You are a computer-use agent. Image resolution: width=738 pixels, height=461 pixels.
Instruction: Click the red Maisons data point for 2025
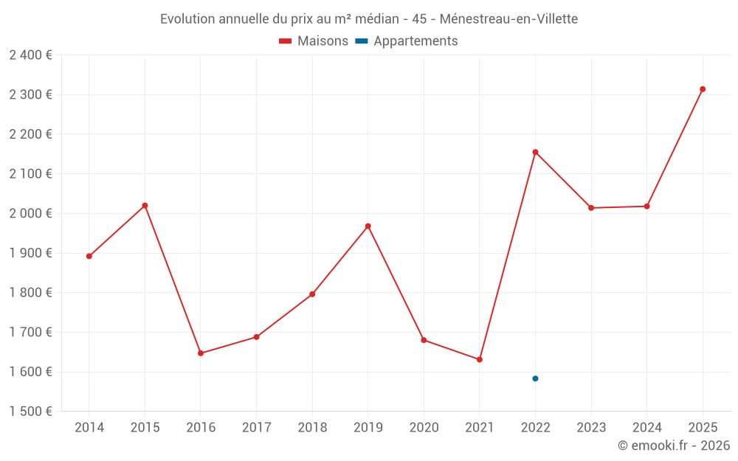pyautogui.click(x=703, y=89)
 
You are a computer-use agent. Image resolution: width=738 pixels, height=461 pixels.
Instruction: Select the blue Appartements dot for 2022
pyautogui.click(x=535, y=378)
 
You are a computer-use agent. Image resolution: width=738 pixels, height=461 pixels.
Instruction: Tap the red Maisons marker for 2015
pyautogui.click(x=145, y=206)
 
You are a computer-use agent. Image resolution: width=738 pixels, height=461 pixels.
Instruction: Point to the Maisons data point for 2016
pyautogui.click(x=201, y=353)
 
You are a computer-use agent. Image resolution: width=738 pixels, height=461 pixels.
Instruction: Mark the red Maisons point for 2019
pyautogui.click(x=368, y=226)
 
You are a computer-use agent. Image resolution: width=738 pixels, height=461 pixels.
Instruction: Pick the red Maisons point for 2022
pyautogui.click(x=535, y=152)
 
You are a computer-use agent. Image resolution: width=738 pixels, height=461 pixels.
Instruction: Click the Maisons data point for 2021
pyautogui.click(x=480, y=359)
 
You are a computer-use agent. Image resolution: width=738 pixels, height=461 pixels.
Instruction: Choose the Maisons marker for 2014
pyautogui.click(x=89, y=257)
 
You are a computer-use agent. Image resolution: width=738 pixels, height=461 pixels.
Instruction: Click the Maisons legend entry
pyautogui.click(x=314, y=41)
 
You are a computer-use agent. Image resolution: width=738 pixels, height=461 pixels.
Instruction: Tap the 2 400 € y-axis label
pyautogui.click(x=31, y=55)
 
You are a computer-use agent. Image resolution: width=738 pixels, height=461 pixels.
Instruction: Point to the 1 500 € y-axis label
pyautogui.click(x=31, y=412)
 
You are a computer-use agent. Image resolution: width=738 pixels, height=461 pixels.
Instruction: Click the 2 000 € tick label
pyautogui.click(x=31, y=214)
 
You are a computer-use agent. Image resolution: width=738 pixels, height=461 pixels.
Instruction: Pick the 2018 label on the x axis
pyautogui.click(x=312, y=428)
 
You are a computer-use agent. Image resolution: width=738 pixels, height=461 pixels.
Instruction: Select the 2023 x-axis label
pyautogui.click(x=591, y=428)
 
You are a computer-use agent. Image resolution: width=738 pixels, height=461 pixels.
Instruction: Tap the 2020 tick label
pyautogui.click(x=424, y=428)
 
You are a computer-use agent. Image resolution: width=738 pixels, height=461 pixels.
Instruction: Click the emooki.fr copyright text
pyautogui.click(x=673, y=446)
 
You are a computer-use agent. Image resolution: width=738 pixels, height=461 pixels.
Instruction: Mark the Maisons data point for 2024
pyautogui.click(x=646, y=207)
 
